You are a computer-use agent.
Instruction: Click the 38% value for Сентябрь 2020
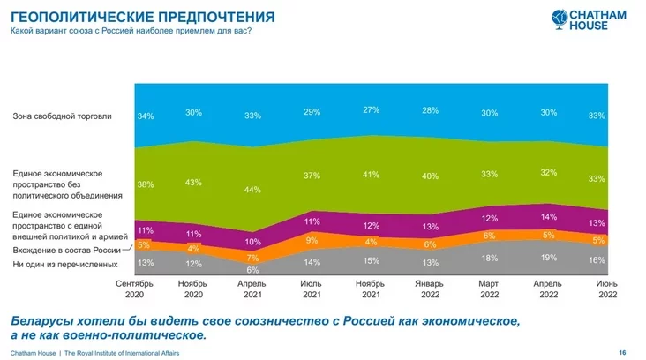pos(146,185)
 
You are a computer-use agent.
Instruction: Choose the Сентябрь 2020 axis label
pos(136,290)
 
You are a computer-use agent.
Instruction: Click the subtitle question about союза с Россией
pos(130,32)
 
